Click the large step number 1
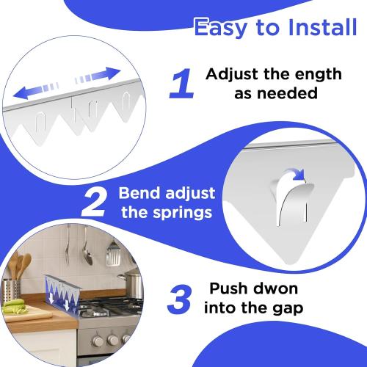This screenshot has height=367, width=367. (181, 84)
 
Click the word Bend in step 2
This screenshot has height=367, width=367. (139, 195)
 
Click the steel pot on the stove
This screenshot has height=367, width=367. (132, 283)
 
